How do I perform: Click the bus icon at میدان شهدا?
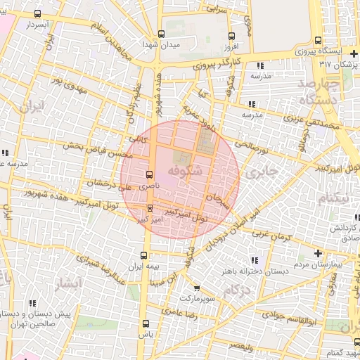point(161,34)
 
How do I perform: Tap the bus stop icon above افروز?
point(231,36)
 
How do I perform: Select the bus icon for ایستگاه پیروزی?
point(318,41)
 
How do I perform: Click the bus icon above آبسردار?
point(37,13)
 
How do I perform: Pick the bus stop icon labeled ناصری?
point(148,174)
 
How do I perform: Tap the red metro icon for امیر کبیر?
point(150,207)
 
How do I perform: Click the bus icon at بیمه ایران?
point(144,255)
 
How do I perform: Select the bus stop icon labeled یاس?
point(146,323)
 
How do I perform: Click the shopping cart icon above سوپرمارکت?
point(196,288)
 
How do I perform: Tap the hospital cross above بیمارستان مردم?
point(318,253)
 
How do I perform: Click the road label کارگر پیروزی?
point(217,65)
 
